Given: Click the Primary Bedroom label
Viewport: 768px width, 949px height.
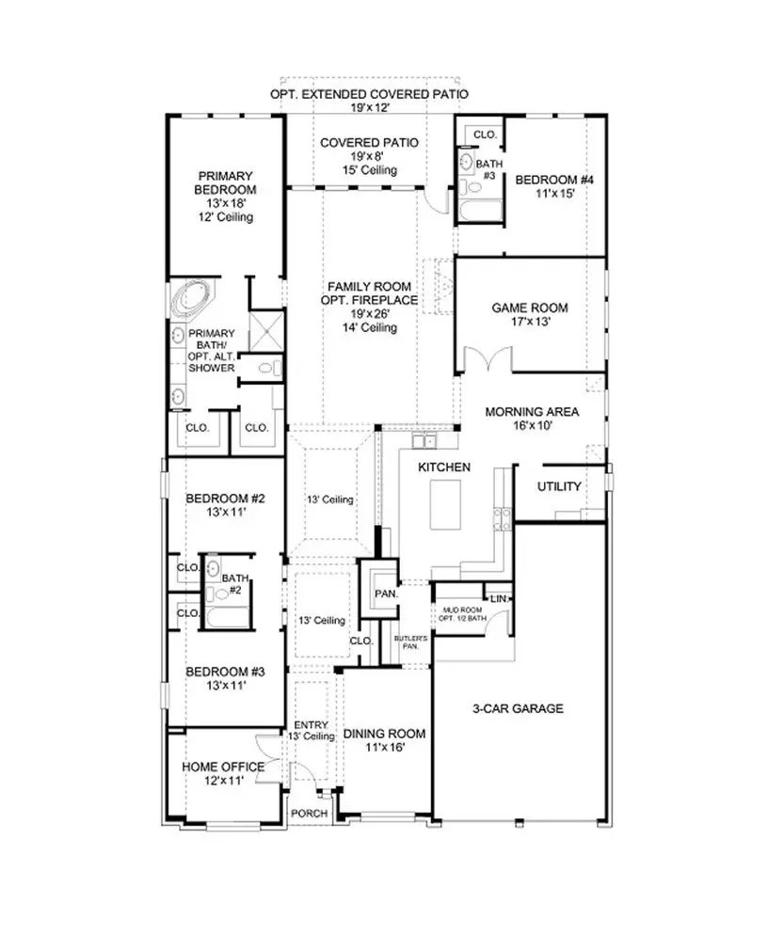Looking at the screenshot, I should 225,182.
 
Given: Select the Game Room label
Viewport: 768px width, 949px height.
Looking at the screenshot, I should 530,308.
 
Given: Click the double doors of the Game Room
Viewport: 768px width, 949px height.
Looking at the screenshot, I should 486,359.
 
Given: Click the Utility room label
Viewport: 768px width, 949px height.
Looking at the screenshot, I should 558,486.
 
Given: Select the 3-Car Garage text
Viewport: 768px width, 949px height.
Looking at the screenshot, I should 518,708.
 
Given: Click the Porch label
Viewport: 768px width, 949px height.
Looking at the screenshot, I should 310,814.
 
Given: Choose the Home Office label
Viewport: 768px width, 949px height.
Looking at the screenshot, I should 223,767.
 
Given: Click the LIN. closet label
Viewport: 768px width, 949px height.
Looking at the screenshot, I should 498,598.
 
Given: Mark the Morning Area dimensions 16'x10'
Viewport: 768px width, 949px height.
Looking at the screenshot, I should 532,425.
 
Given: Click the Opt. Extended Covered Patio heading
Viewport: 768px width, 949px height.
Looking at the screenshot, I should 369,95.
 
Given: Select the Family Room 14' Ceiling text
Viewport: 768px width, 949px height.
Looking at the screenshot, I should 369,328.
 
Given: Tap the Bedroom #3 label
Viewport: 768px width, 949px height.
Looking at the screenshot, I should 225,672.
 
